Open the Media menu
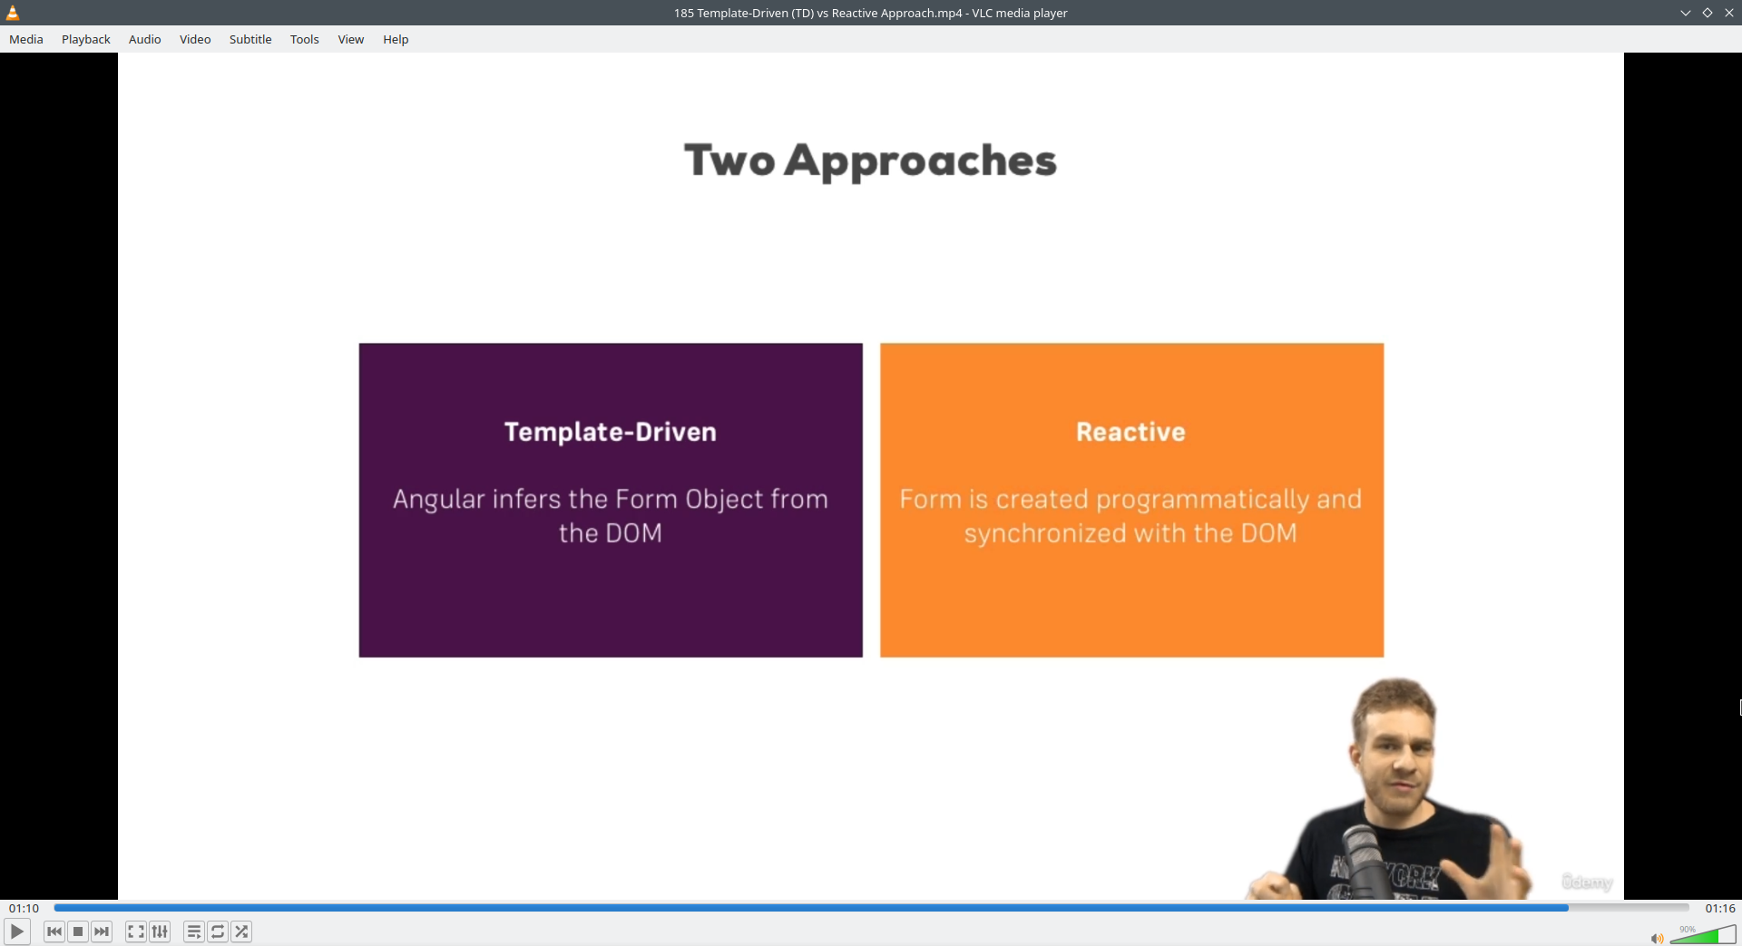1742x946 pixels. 26,39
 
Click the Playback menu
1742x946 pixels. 85,39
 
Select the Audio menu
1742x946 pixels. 144,39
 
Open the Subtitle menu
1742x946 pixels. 250,39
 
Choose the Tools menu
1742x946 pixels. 304,39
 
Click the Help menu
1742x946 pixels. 396,39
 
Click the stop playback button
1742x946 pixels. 78,931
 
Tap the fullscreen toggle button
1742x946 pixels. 135,931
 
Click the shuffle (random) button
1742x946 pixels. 241,931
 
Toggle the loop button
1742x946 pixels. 218,931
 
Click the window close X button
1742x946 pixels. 1728,13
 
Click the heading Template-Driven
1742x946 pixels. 610,432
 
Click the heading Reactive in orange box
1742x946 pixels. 1130,432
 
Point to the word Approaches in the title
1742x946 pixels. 920,161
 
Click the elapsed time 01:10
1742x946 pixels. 24,908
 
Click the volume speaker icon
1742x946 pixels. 1657,938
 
